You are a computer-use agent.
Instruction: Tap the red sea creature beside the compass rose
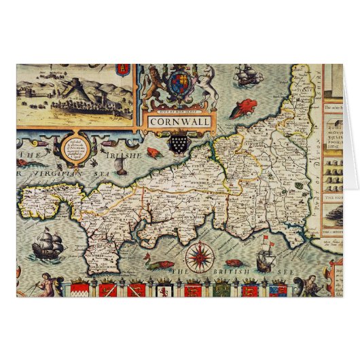click(x=233, y=262)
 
